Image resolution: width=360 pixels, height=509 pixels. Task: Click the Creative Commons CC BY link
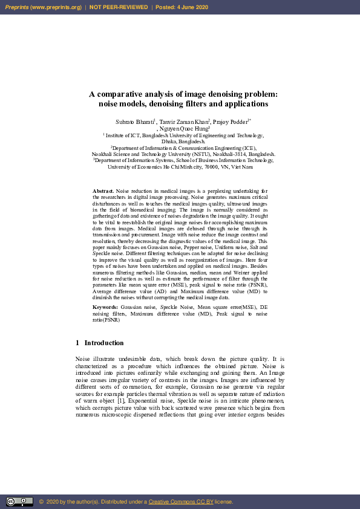click(177, 502)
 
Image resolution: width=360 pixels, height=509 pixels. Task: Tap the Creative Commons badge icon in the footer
click(19, 501)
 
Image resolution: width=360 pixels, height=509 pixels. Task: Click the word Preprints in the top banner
click(18, 7)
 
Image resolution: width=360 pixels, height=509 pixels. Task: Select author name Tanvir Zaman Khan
click(184, 122)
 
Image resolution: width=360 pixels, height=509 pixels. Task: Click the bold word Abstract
click(103, 190)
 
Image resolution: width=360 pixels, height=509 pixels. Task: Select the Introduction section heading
click(103, 343)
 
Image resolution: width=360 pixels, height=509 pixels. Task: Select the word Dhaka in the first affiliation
click(163, 141)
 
